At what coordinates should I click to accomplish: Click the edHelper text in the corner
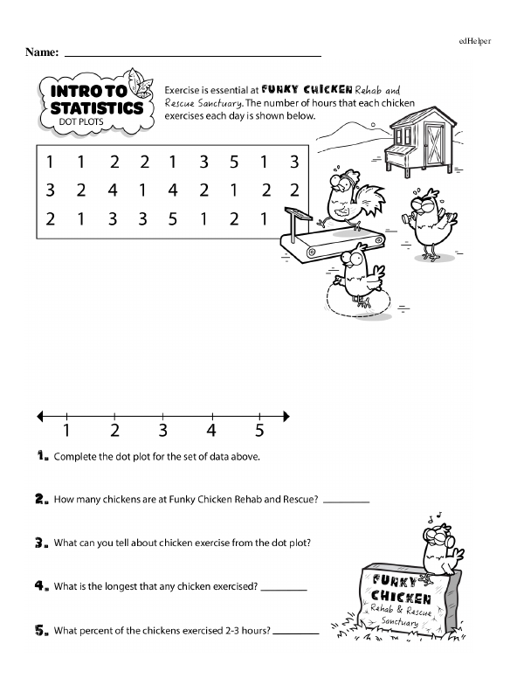[475, 40]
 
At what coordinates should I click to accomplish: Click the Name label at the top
[42, 52]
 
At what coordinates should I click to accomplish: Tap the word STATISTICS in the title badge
[96, 108]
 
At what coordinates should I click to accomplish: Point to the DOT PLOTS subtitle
[83, 122]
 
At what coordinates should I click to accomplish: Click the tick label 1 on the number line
[67, 430]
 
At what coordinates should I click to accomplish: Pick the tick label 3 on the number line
[163, 430]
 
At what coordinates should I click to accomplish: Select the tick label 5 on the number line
[259, 430]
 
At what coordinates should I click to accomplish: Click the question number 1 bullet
[42, 456]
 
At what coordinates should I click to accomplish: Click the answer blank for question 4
[284, 590]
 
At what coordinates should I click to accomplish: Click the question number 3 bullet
[42, 543]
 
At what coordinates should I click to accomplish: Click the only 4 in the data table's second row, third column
[113, 190]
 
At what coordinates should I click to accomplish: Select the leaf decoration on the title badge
[136, 86]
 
